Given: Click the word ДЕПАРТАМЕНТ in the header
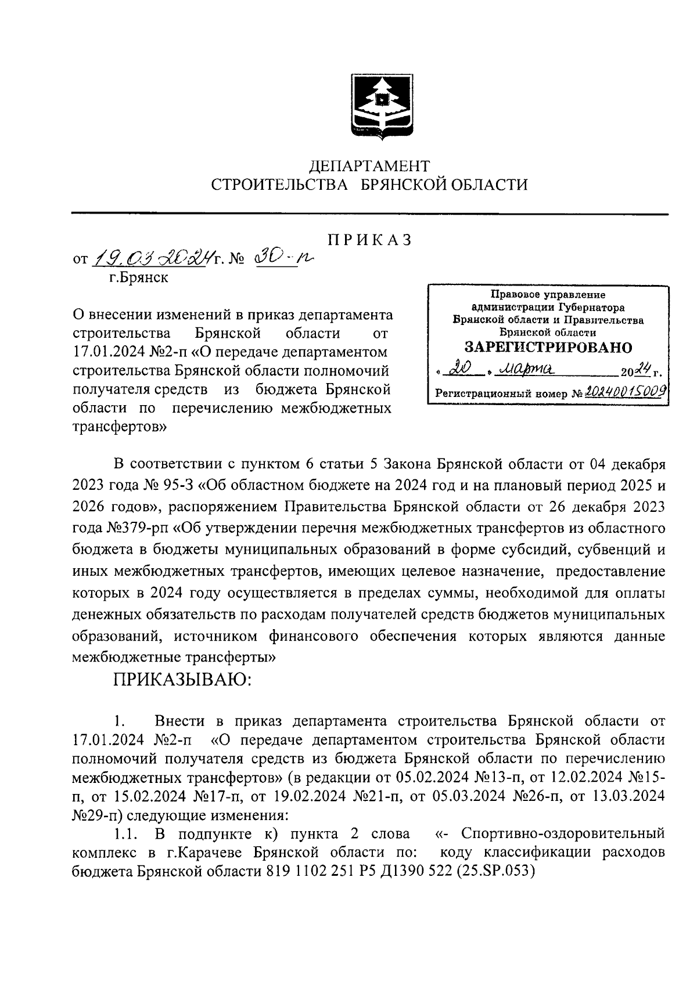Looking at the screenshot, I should (x=369, y=167).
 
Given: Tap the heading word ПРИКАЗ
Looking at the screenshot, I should (x=369, y=240).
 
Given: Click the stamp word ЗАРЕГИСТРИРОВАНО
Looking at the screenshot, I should (x=548, y=347).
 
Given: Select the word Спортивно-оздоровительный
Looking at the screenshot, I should (x=562, y=835).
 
